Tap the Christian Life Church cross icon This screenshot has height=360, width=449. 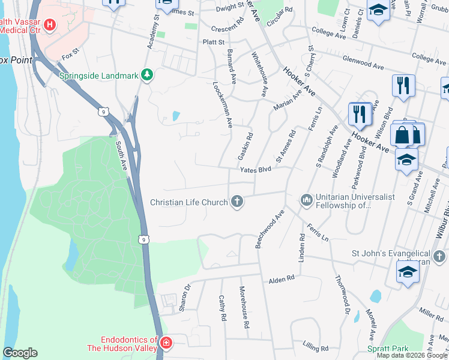pos(237,202)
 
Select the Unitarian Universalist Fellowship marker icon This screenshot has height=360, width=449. pos(307,199)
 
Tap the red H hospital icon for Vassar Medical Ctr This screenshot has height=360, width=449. pos(50,25)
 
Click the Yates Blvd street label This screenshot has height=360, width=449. pos(256,170)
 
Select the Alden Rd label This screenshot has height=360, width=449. pos(282,278)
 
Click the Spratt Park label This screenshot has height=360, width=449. pos(388,349)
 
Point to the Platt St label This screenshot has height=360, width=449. pos(214,42)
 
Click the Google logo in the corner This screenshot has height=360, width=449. pos(20,353)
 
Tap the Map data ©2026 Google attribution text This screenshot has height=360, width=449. pos(411,355)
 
